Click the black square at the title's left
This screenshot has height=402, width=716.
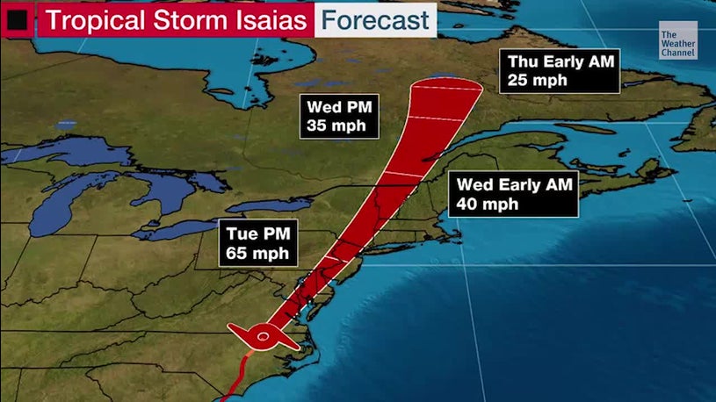pyautogui.click(x=17, y=18)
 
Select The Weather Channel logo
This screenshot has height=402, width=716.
pyautogui.click(x=677, y=43)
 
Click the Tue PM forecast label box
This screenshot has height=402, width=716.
pyautogui.click(x=259, y=244)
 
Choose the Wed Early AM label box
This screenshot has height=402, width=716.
pyautogui.click(x=514, y=194)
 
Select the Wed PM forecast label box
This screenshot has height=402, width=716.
pyautogui.click(x=342, y=117)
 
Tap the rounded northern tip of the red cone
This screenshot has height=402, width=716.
pyautogui.click(x=447, y=83)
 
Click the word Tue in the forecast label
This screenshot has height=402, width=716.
pyautogui.click(x=242, y=234)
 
